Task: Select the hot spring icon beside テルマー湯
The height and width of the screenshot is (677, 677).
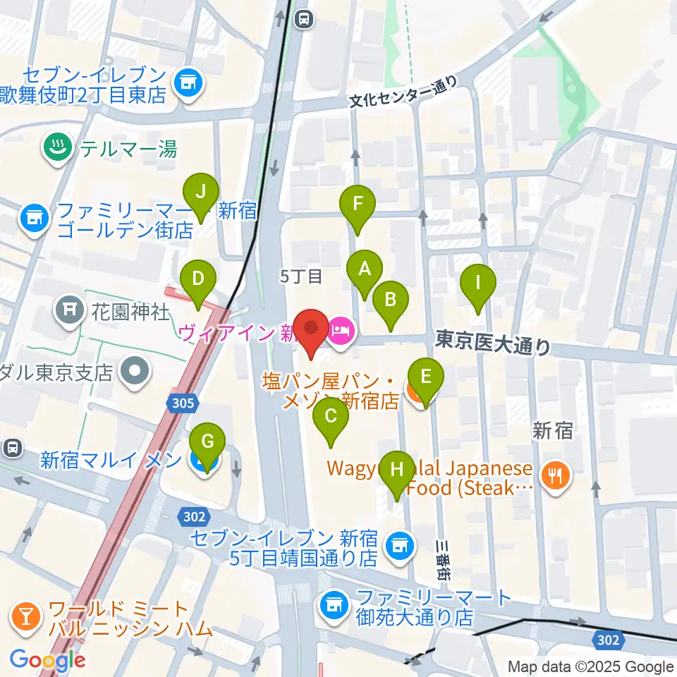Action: [55, 148]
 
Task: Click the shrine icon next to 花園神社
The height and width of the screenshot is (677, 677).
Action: [68, 309]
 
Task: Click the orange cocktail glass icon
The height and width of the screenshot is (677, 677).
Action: [25, 618]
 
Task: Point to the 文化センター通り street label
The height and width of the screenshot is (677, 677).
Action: [403, 94]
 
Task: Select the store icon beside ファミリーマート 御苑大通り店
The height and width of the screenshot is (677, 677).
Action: [331, 604]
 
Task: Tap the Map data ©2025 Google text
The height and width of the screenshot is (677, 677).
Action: [591, 666]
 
